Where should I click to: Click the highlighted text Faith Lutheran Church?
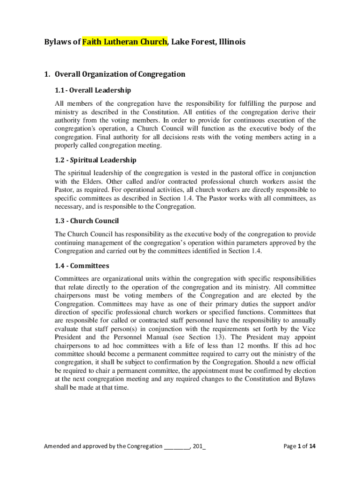[x=124, y=42]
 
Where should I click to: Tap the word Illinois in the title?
[x=230, y=42]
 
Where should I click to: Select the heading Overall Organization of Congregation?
[x=120, y=74]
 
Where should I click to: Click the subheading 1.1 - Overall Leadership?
[x=93, y=90]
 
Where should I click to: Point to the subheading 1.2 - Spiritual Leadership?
[x=95, y=160]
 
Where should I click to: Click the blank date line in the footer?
[x=176, y=446]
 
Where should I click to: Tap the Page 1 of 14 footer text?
[x=300, y=446]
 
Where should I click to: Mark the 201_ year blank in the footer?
[x=199, y=446]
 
